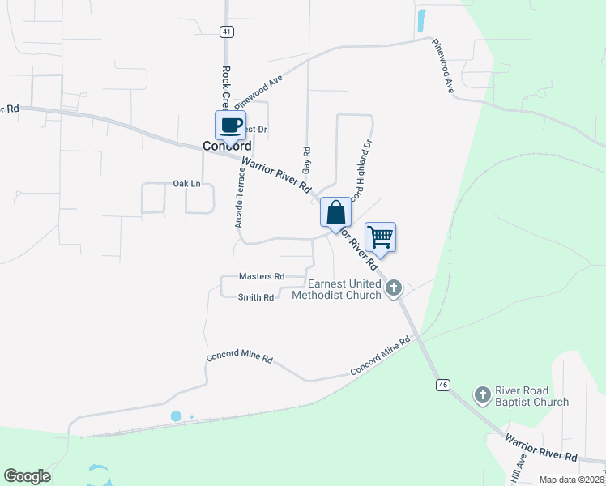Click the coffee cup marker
[x=230, y=125]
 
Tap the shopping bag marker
[x=336, y=213]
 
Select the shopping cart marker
[x=380, y=237]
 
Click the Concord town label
[x=226, y=147]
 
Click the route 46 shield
[x=442, y=384]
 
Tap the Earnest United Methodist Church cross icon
[x=394, y=288]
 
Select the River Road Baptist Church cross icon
[x=482, y=394]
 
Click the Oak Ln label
[x=186, y=184]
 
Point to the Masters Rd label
[x=262, y=276]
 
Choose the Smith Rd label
[x=256, y=297]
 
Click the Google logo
[x=28, y=476]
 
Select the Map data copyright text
[x=570, y=480]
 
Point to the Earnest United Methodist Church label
[x=344, y=289]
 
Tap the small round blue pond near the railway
[x=176, y=416]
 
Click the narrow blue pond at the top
[x=421, y=21]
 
